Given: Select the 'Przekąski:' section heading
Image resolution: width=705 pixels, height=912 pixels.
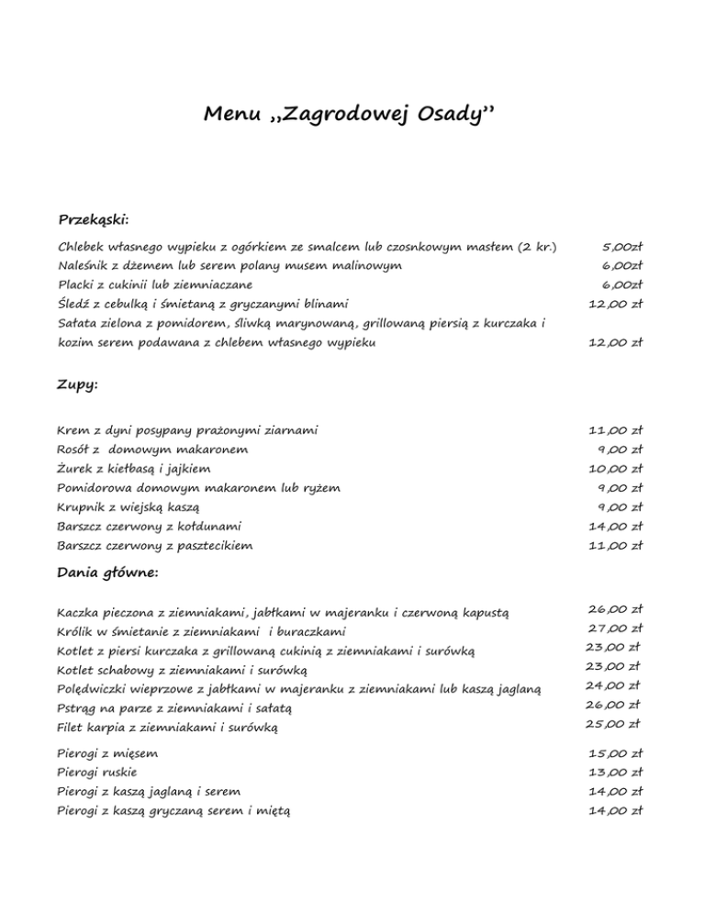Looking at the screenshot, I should point(94,220).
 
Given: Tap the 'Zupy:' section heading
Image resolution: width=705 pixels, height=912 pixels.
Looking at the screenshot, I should point(78,386).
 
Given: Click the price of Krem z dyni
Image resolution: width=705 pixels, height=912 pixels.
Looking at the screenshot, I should point(615,429).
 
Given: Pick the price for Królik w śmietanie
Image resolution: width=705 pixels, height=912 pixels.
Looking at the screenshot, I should point(615,628).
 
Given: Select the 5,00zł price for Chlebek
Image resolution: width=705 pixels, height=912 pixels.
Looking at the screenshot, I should point(621,247).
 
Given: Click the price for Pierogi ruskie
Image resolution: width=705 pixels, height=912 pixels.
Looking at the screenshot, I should point(615,772).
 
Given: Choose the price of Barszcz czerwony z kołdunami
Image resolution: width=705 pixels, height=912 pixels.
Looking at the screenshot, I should point(615,527).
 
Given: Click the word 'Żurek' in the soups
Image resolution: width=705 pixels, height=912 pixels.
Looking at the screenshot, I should point(76,469).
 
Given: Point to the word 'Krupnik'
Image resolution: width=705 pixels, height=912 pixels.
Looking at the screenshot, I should point(82,507).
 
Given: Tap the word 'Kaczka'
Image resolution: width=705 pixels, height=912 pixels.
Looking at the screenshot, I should point(79,612).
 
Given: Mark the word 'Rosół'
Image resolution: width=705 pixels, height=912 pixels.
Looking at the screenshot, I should point(73,450).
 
